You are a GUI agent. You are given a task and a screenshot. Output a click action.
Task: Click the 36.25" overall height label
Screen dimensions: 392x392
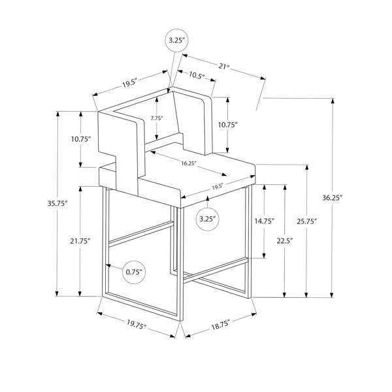pos(332,198)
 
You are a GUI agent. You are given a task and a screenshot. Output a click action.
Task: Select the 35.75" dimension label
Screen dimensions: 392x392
pos(57,203)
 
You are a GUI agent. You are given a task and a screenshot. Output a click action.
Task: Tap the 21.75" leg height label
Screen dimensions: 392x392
pos(80,241)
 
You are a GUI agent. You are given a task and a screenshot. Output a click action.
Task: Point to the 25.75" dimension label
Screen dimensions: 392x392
pos(307,221)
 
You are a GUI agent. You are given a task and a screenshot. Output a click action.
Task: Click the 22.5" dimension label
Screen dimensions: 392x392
pos(285,240)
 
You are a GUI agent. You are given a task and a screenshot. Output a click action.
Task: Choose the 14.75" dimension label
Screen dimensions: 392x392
pos(265,221)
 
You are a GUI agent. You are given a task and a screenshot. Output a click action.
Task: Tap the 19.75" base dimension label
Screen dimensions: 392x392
pos(137,325)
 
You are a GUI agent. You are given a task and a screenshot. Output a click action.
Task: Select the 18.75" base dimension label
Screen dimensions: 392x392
pos(220,325)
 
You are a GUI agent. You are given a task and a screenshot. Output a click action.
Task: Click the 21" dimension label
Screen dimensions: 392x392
pos(223,67)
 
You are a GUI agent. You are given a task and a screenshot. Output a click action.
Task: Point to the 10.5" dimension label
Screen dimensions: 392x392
pos(197,75)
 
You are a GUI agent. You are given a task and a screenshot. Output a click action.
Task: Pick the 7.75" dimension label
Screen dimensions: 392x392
pos(157,118)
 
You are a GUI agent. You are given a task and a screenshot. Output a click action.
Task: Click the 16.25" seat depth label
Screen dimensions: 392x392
pos(189,163)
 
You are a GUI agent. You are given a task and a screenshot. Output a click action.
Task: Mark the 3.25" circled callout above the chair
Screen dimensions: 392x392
pos(177,41)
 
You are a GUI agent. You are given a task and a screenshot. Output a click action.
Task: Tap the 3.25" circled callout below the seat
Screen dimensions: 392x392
pos(207,219)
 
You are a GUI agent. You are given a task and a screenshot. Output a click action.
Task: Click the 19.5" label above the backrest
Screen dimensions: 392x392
pos(130,83)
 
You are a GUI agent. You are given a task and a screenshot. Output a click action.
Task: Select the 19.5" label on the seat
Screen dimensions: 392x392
pos(217,186)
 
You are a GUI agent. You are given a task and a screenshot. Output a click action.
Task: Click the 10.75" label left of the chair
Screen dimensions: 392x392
pos(80,139)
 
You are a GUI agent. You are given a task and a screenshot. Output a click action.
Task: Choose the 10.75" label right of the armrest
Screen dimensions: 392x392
pos(227,125)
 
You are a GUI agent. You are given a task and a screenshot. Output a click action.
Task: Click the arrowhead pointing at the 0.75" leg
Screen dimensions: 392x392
pos(108,265)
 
